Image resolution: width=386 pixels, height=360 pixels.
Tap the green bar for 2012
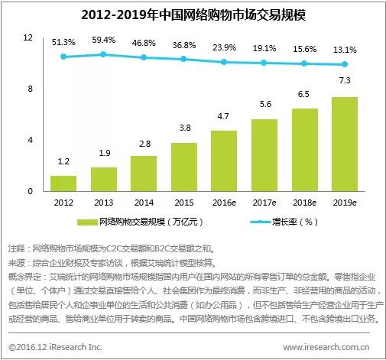tap(63, 183)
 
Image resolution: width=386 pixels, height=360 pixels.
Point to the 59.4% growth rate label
tap(103, 39)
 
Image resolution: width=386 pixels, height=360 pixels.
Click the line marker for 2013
tap(103, 54)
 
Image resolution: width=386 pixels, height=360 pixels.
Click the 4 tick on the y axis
tap(30, 140)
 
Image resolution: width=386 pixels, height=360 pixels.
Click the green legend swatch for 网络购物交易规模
tap(87, 222)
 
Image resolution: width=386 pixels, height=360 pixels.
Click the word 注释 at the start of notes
tap(17, 249)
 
